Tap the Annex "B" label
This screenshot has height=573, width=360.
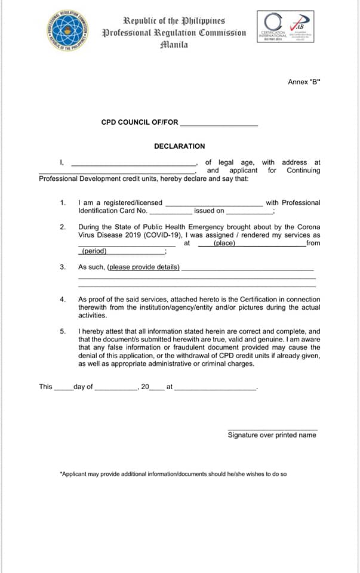(x=304, y=82)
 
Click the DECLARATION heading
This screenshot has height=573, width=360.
(x=179, y=146)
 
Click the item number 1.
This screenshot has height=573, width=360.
(x=63, y=203)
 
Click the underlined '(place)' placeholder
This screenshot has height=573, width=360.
(x=224, y=244)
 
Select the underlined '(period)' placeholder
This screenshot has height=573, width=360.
(x=94, y=251)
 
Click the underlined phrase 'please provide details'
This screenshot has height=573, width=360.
(x=143, y=267)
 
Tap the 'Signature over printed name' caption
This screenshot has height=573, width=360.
(x=272, y=435)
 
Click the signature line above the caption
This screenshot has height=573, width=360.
(x=272, y=429)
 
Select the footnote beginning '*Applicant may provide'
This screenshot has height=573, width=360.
(x=173, y=474)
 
